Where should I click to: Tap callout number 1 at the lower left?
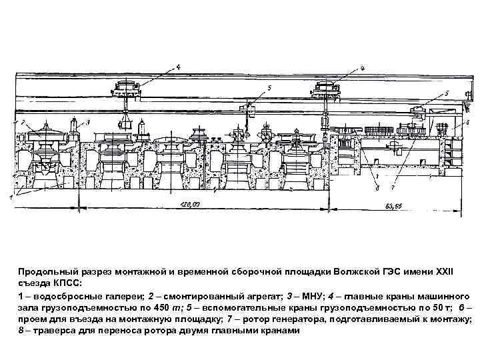click(11, 197)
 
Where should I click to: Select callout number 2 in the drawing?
click(23, 123)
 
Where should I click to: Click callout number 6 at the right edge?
click(467, 122)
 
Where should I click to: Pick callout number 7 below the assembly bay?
click(393, 189)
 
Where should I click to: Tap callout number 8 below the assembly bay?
click(378, 189)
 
